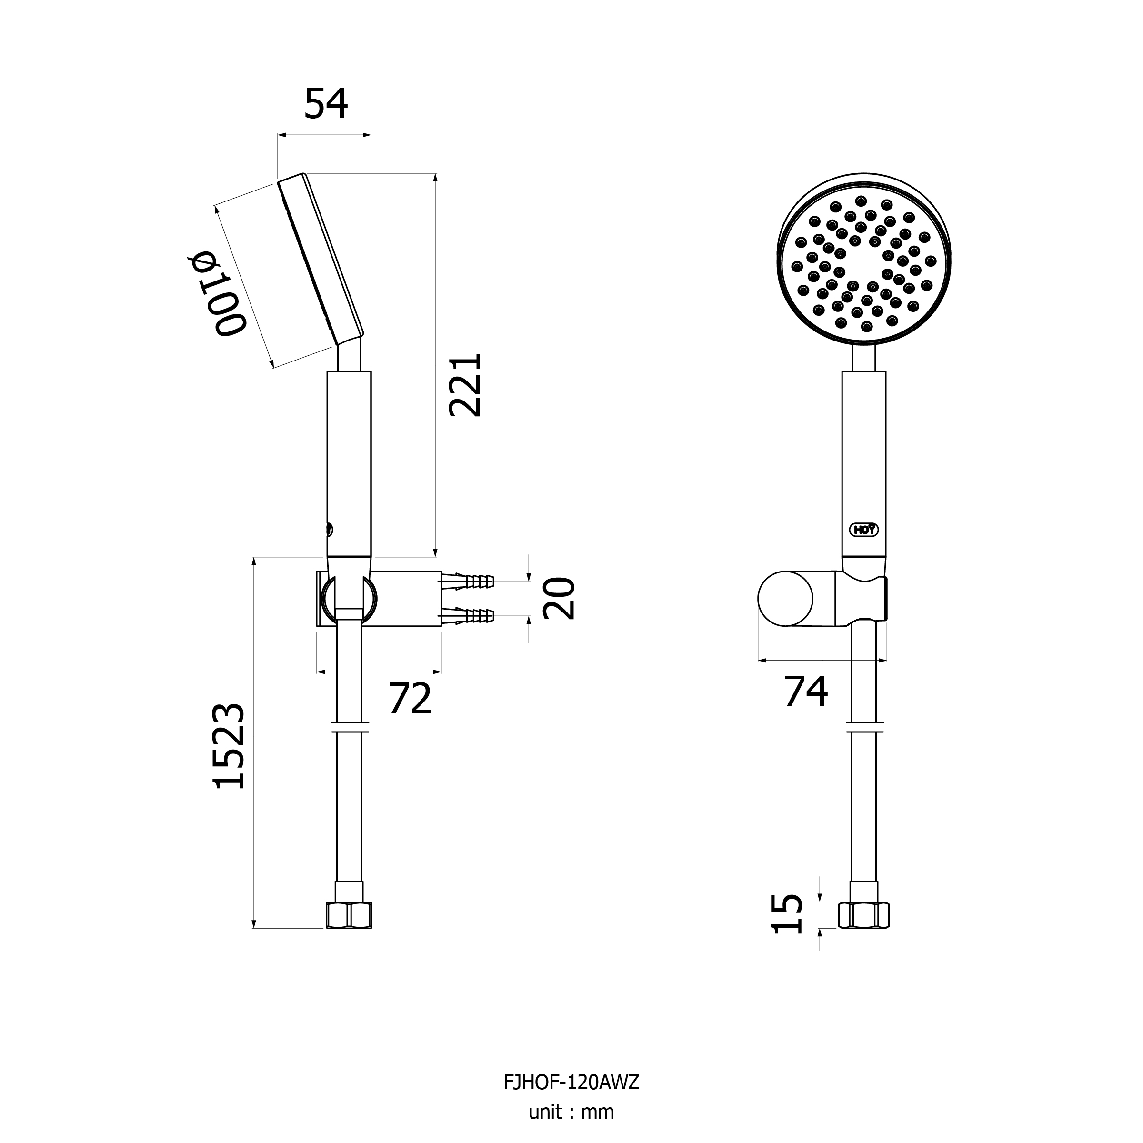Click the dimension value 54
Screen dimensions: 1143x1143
pyautogui.click(x=326, y=103)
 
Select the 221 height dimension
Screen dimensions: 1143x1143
pyautogui.click(x=465, y=385)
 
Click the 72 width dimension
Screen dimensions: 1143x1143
pyautogui.click(x=410, y=698)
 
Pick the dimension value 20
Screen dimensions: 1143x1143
pyautogui.click(x=559, y=598)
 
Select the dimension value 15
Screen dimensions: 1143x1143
pyautogui.click(x=788, y=914)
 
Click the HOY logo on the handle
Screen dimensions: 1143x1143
pyautogui.click(x=864, y=530)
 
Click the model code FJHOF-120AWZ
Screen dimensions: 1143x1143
pyautogui.click(x=571, y=1083)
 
